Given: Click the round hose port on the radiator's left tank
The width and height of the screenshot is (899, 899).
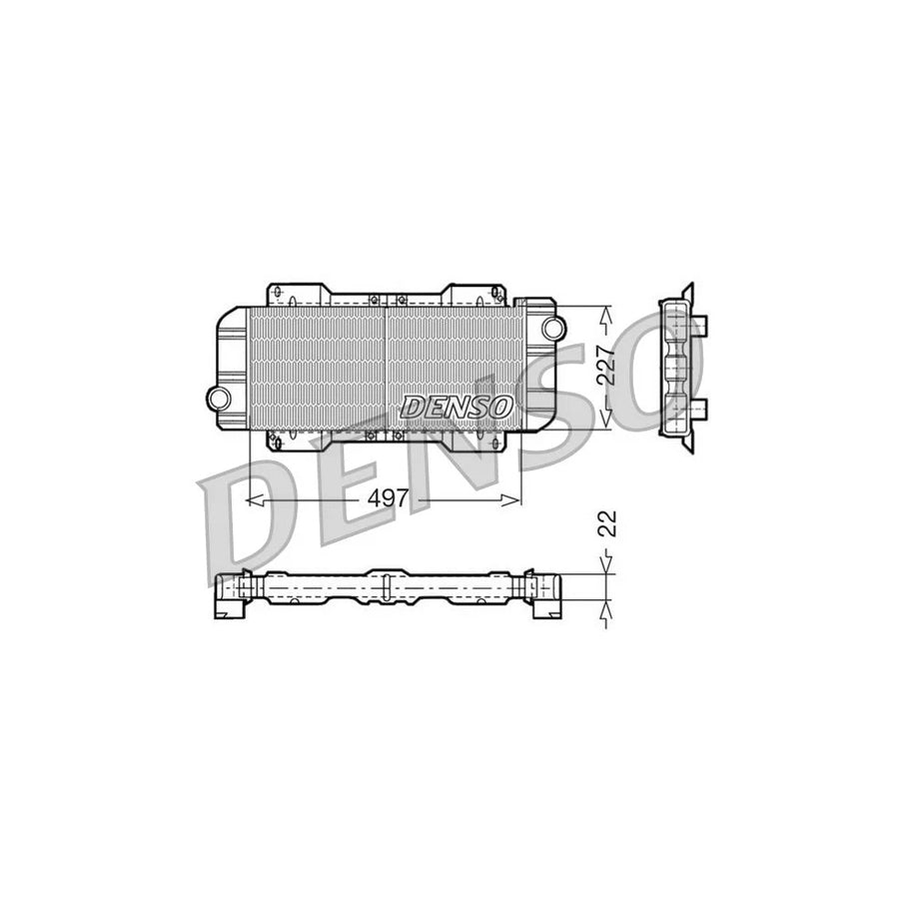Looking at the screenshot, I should tap(217, 398).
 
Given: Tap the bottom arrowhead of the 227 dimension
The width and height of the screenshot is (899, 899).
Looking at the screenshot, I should tap(604, 420).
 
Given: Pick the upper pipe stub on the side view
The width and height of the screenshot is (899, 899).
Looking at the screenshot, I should tap(702, 325).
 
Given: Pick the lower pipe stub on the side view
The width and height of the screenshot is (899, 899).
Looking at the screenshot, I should tap(702, 408).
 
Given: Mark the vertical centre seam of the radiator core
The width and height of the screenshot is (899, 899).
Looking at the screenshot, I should tap(385, 366).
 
